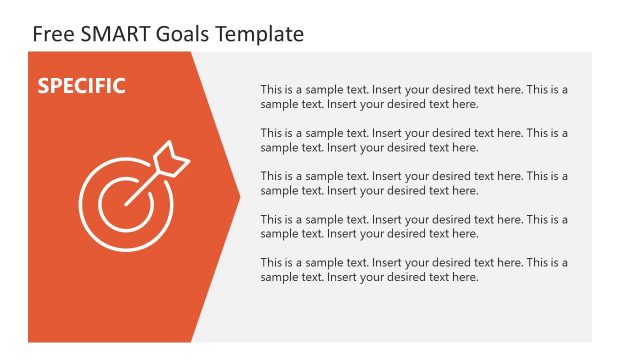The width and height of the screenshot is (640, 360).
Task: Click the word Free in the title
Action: click(51, 34)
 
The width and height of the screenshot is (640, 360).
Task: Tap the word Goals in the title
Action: click(180, 34)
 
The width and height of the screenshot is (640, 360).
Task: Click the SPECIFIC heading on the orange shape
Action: click(81, 86)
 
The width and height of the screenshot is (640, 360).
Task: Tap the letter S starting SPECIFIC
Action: click(43, 86)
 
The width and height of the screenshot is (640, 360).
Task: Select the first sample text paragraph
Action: click(414, 96)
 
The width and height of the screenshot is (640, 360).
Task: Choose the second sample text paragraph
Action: click(414, 140)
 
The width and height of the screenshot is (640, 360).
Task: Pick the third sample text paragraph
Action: click(414, 183)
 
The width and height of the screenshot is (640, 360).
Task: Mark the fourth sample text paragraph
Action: click(414, 226)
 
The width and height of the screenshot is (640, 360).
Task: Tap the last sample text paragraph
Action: click(414, 270)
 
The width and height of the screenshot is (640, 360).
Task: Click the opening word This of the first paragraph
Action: click(271, 89)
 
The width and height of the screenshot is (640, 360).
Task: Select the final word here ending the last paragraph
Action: click(465, 277)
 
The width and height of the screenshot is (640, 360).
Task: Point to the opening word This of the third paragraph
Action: click(271, 176)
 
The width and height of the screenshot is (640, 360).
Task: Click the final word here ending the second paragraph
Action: click(465, 147)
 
